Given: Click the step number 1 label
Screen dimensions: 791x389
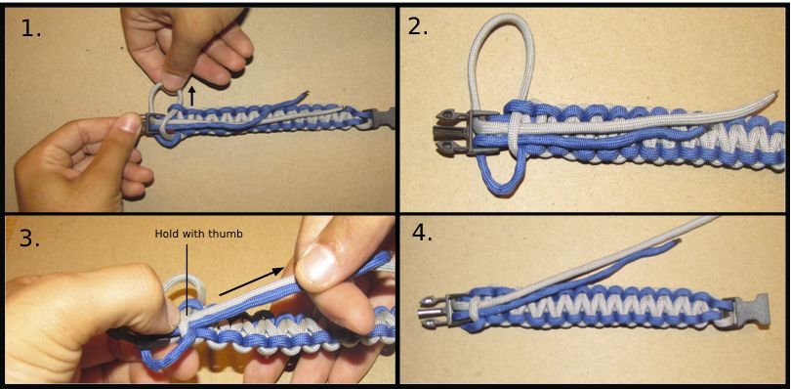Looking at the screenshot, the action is [31, 29].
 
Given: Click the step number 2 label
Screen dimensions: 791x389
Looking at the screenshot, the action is [418, 26].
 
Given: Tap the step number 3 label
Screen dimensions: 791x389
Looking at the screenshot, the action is [29, 238].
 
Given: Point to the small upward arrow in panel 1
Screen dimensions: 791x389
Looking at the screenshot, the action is [191, 96].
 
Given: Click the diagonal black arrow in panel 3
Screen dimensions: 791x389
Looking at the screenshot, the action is [251, 281].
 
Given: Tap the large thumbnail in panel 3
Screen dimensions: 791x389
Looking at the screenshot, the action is [318, 264].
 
